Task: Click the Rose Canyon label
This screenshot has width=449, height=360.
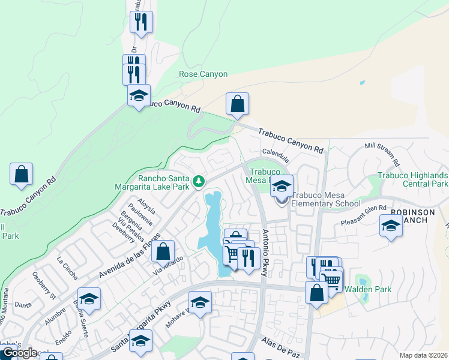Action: [203, 74]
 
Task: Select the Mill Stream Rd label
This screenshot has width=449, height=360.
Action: [382, 154]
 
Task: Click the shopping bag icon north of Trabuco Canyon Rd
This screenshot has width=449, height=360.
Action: [238, 104]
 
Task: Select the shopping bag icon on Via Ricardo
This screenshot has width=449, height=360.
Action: [163, 251]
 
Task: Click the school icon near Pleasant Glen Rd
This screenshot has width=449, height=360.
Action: [391, 226]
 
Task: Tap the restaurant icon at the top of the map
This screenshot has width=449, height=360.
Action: [141, 22]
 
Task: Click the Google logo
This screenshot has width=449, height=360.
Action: [20, 353]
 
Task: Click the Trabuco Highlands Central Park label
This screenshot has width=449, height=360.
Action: [413, 179]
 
